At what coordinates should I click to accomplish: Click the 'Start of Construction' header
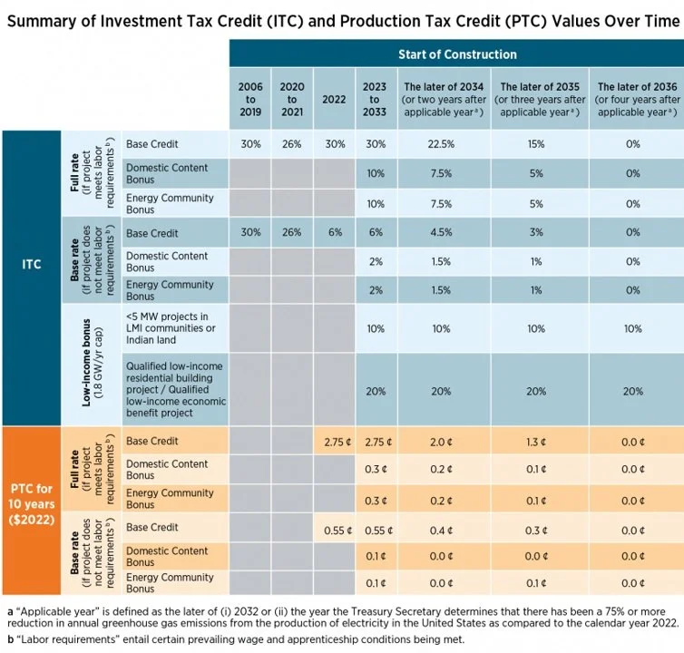click(455, 54)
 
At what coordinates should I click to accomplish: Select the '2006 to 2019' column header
click(250, 100)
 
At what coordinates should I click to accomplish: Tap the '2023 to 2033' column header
click(374, 100)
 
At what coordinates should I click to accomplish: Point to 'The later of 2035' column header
click(540, 100)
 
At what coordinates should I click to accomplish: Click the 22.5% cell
click(442, 144)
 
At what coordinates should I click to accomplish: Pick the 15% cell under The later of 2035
click(537, 144)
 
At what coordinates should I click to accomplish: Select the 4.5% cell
click(442, 233)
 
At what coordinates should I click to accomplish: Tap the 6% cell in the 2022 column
click(336, 233)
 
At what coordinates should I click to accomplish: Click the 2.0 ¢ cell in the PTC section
click(442, 442)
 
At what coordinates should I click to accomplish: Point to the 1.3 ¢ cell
click(537, 442)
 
